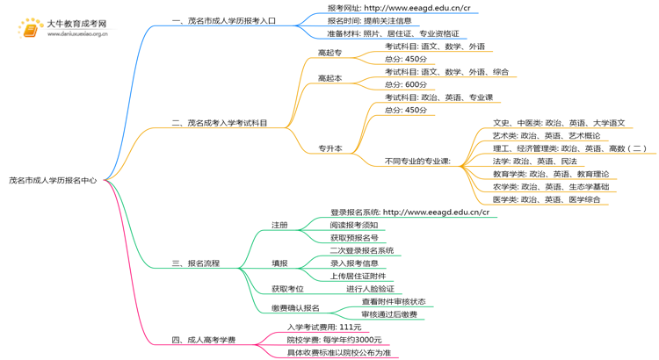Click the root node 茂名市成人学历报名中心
pos(53,179)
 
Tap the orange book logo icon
pos(30,31)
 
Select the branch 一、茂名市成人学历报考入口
pos(224,20)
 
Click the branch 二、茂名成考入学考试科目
pos(220,124)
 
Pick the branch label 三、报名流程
pos(195,263)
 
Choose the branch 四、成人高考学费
pos(204,339)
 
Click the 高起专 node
pos(329,53)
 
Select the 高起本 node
pos(329,78)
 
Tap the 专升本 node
pos(329,149)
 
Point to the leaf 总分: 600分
pos(406,84)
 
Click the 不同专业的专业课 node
pos(418,162)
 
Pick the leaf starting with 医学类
pos(547,199)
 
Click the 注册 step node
pos(279,225)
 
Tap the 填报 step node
pos(279,263)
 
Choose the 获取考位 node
pos(287,289)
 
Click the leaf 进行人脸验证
pos(370,289)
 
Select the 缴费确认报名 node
pos(295,308)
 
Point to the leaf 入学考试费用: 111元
pos(324,327)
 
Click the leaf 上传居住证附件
pos(358,276)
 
